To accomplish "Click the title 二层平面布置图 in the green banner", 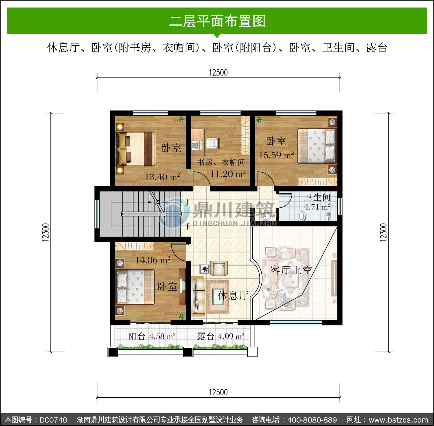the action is click(x=217, y=21).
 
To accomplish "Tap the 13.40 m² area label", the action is click(x=162, y=177).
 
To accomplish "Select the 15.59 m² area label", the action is click(x=276, y=155).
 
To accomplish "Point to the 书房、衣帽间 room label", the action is click(x=221, y=162).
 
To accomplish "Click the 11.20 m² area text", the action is click(x=228, y=174).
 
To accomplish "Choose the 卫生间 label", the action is click(x=317, y=197).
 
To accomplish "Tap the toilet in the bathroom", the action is click(x=302, y=215).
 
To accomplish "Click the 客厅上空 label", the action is click(x=291, y=270).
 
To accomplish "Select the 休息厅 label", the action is click(x=233, y=295).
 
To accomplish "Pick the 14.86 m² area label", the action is click(x=153, y=260).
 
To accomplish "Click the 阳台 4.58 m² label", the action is click(x=152, y=336).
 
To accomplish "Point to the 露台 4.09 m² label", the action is click(x=221, y=336).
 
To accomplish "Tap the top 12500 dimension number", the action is click(x=218, y=73).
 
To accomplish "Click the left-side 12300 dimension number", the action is click(x=46, y=232).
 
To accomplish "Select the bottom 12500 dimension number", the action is click(x=218, y=392).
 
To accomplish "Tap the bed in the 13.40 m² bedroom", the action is click(x=135, y=149).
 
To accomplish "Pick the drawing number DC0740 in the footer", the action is click(x=54, y=420).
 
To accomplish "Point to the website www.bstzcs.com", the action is click(x=398, y=420).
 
